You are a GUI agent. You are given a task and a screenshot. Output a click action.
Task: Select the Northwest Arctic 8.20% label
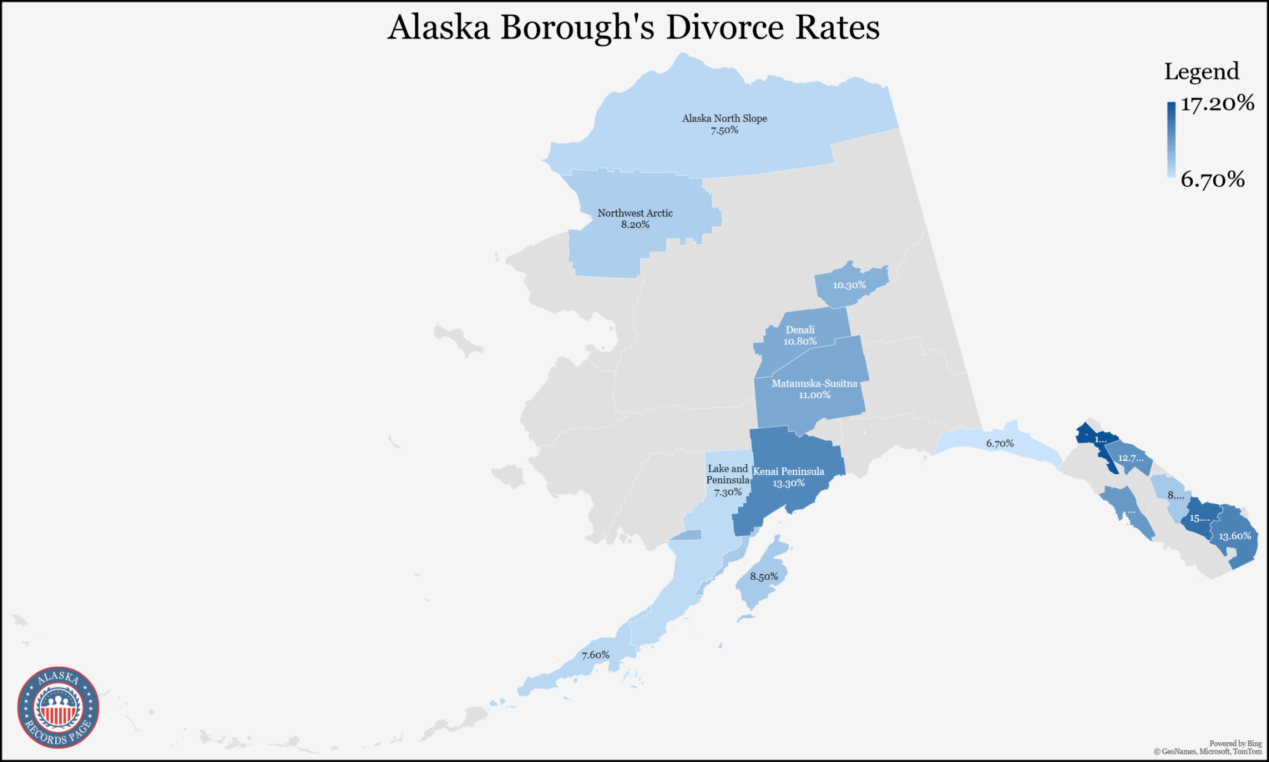pyautogui.click(x=634, y=218)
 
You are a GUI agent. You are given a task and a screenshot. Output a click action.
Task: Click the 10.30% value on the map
pyautogui.click(x=849, y=285)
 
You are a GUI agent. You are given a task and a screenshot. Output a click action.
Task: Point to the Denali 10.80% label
pyautogui.click(x=799, y=335)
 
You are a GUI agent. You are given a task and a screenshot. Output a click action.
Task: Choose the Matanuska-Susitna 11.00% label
pyautogui.click(x=814, y=389)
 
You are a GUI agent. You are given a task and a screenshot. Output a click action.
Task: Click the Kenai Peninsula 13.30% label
pyautogui.click(x=788, y=477)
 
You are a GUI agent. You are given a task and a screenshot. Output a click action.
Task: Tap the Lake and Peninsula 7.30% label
pyautogui.click(x=728, y=480)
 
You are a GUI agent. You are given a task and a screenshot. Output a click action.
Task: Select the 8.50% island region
pyautogui.click(x=763, y=577)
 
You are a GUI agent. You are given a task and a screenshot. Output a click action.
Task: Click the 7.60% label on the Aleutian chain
pyautogui.click(x=595, y=655)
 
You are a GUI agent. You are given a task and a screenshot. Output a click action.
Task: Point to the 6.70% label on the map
pyautogui.click(x=999, y=443)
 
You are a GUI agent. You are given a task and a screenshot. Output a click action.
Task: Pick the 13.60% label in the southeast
pyautogui.click(x=1234, y=536)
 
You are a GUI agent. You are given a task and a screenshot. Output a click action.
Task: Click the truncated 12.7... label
pyautogui.click(x=1131, y=458)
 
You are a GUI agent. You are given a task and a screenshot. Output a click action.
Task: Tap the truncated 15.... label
pyautogui.click(x=1199, y=518)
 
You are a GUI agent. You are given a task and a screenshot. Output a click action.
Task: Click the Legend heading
pyautogui.click(x=1201, y=71)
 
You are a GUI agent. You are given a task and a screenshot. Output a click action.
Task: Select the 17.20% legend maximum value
pyautogui.click(x=1217, y=103)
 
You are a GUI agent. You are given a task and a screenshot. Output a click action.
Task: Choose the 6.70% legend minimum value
pyautogui.click(x=1212, y=179)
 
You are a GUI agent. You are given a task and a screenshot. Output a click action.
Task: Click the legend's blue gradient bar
pyautogui.click(x=1171, y=140)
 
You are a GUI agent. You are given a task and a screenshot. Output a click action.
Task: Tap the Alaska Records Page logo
pyautogui.click(x=58, y=707)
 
